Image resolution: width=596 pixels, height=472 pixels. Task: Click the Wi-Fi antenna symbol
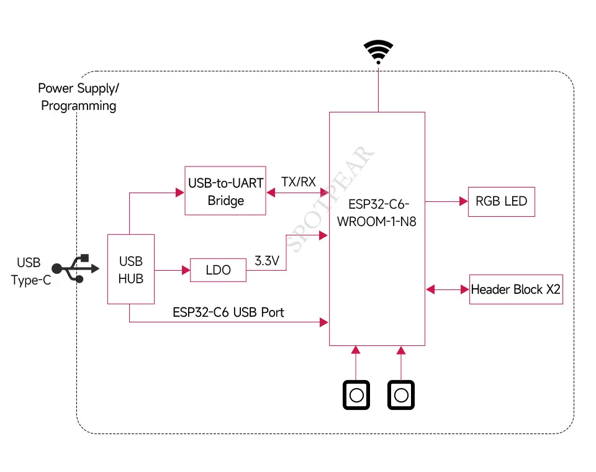coord(378,52)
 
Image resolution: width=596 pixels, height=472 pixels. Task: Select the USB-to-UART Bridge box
coord(225,191)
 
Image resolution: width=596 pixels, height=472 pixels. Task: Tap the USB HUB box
coord(131,270)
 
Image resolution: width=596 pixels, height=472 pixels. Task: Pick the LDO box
coord(218,270)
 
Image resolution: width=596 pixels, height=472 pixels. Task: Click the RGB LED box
coord(501,201)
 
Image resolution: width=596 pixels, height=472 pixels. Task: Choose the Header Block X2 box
coord(516,289)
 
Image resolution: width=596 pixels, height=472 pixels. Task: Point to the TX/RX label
coord(298,182)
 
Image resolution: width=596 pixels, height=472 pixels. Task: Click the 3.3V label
coord(267,261)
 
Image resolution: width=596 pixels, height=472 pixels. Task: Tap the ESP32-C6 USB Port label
coord(228,312)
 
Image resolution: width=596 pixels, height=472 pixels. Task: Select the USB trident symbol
coord(75,268)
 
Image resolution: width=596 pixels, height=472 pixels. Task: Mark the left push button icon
coord(356,395)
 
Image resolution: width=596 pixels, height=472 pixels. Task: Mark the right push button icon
coord(401,395)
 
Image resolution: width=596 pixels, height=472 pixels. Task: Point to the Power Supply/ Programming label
coord(78,97)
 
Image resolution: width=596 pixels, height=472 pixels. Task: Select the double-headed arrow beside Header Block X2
coord(447,289)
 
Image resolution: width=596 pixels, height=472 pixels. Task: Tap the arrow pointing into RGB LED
coord(446,201)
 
